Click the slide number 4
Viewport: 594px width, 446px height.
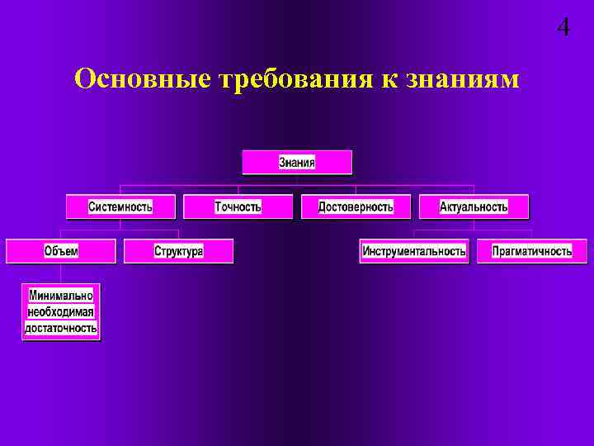(x=563, y=27)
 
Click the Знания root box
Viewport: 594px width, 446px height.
(x=297, y=162)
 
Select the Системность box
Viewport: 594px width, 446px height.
(x=120, y=206)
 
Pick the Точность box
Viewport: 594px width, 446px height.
(x=238, y=206)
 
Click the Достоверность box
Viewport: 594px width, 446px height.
(x=356, y=206)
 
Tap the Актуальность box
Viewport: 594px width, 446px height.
(x=474, y=206)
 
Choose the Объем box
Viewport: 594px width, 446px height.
(x=61, y=251)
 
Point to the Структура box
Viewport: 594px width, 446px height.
(x=178, y=251)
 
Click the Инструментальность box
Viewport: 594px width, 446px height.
(x=414, y=251)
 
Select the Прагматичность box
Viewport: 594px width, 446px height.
(x=532, y=251)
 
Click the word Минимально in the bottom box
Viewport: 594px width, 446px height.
(x=61, y=295)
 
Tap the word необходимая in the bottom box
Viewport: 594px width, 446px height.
(x=61, y=311)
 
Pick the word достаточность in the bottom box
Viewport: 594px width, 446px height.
(x=61, y=328)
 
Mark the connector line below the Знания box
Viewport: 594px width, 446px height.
(x=297, y=180)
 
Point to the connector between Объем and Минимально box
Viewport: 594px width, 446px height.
(x=61, y=273)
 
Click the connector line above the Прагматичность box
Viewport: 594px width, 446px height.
(x=532, y=234)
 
